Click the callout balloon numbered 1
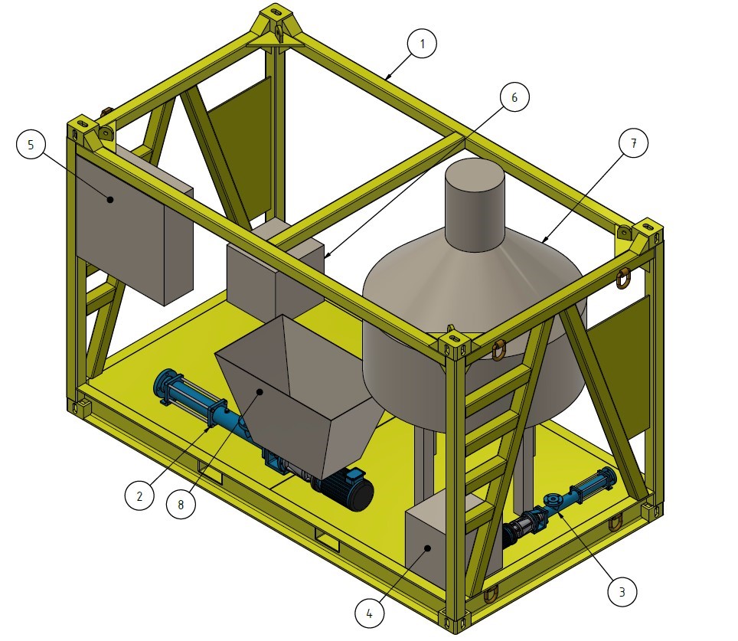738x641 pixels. coord(422,44)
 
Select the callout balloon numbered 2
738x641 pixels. coord(139,495)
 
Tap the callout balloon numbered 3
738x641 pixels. coord(622,591)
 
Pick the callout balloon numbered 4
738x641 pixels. coord(369,613)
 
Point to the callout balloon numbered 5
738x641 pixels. coord(31,144)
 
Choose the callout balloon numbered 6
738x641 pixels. coord(514,97)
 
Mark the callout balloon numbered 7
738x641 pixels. coord(633,142)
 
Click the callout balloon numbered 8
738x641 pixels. coord(181,505)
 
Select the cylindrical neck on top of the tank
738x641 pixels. coord(475,204)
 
